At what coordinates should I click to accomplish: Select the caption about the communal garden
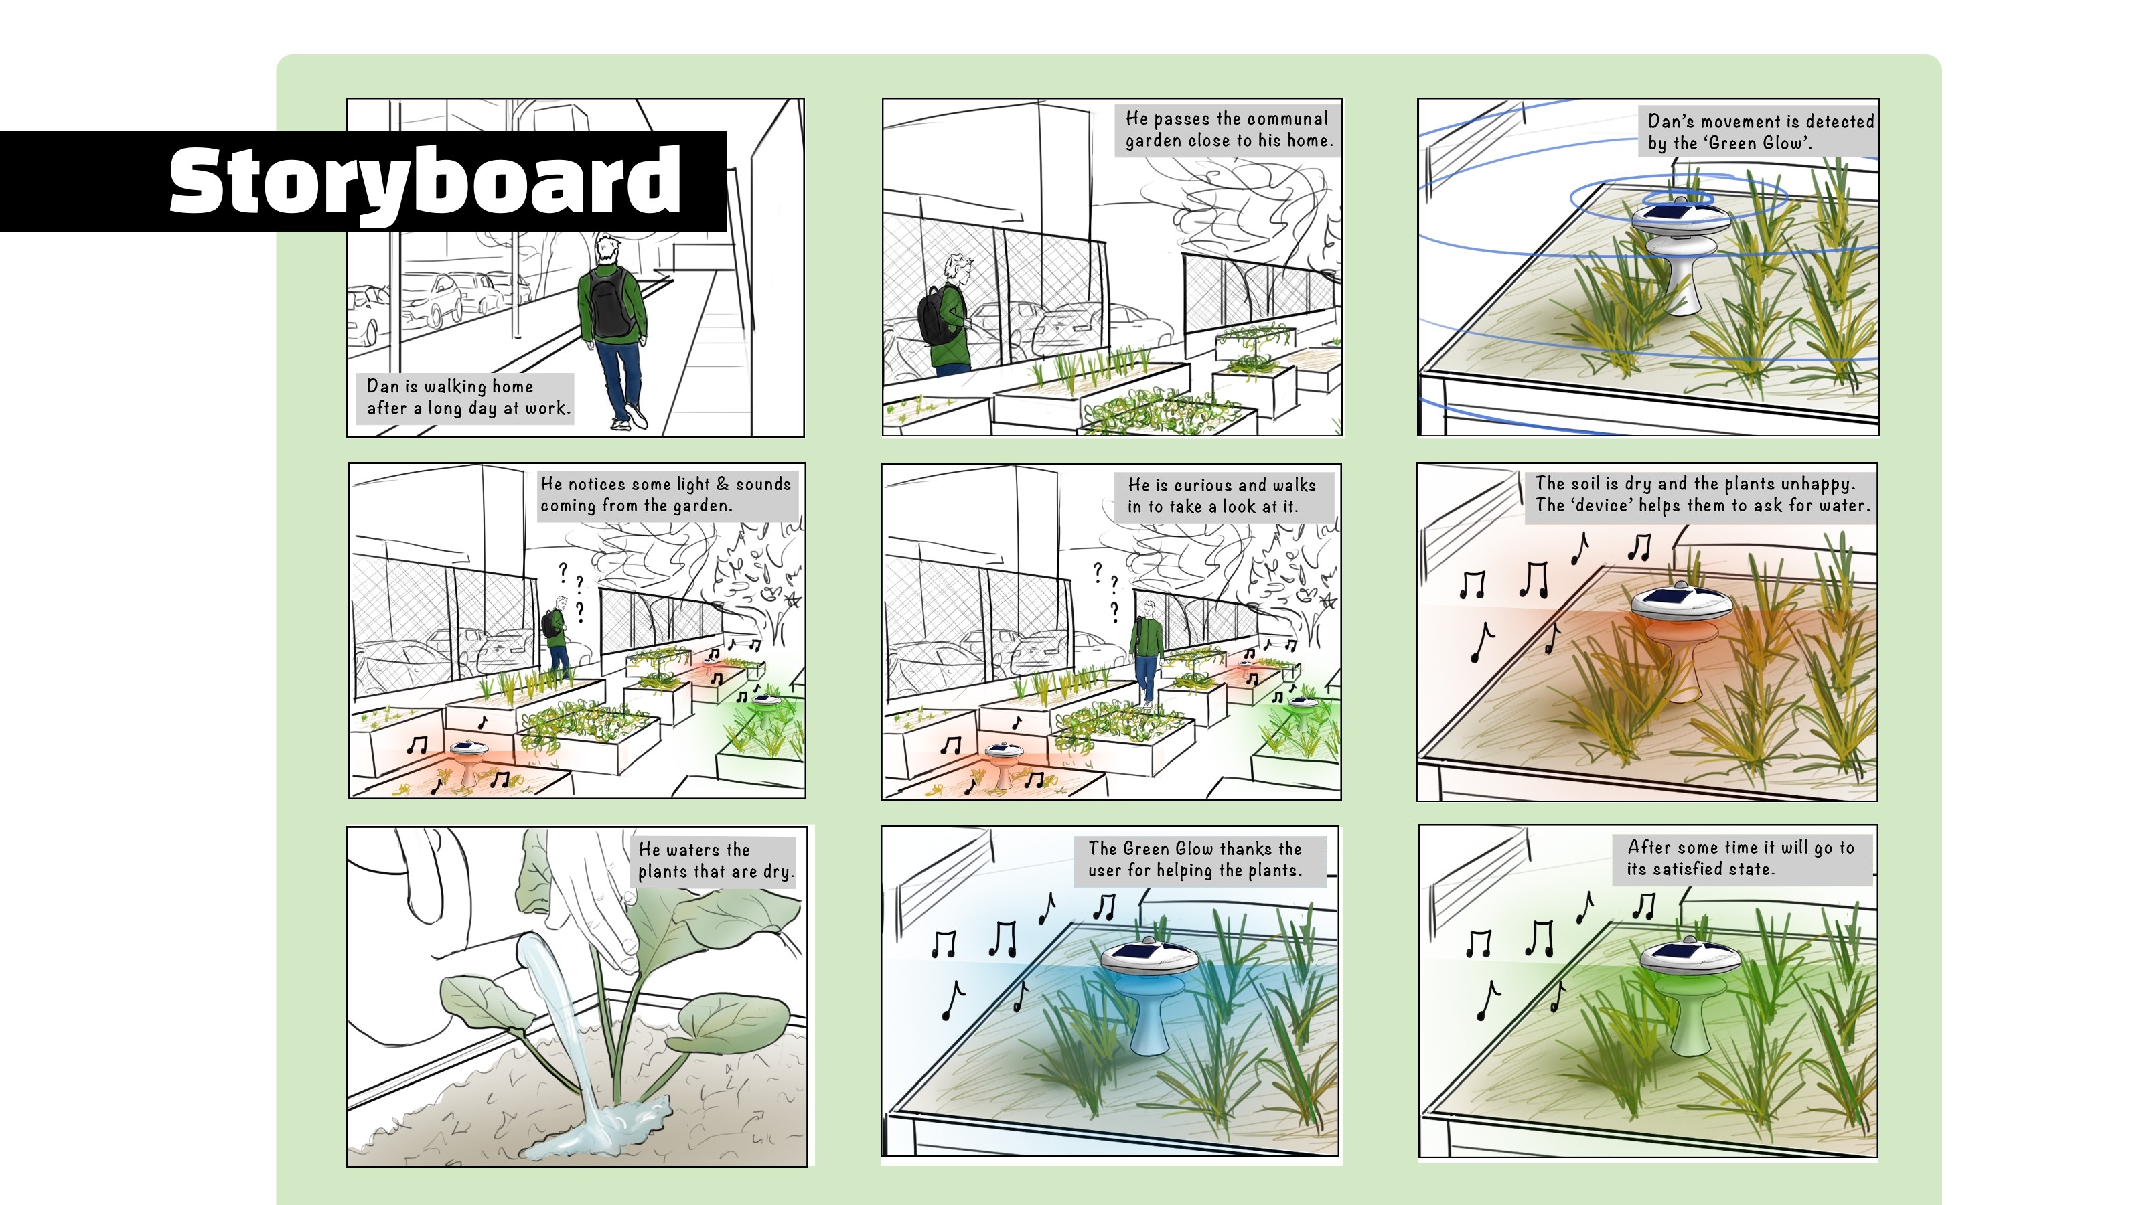click(x=1228, y=130)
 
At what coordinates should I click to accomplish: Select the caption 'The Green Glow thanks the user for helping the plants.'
click(x=1195, y=860)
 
